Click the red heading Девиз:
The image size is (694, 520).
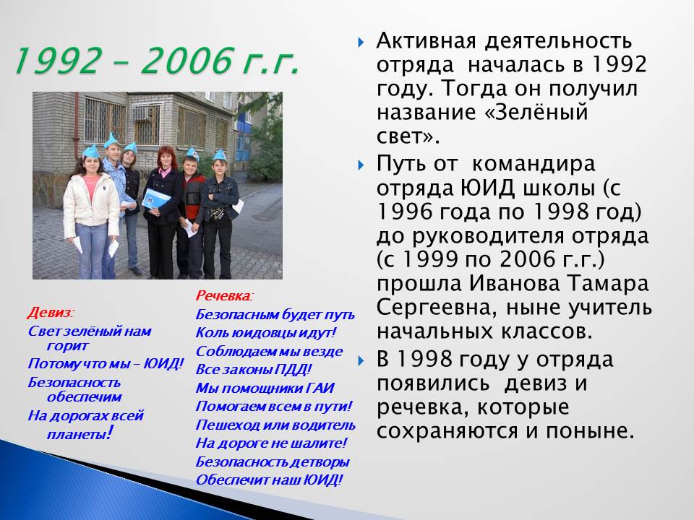pyautogui.click(x=51, y=313)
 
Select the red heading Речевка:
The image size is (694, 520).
pyautogui.click(x=224, y=295)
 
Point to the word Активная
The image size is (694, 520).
pyautogui.click(x=427, y=40)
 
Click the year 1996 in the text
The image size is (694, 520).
pyautogui.click(x=404, y=212)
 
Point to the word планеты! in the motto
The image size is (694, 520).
pyautogui.click(x=80, y=433)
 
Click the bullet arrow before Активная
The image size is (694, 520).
pyautogui.click(x=361, y=43)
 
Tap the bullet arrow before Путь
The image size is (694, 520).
pyautogui.click(x=361, y=165)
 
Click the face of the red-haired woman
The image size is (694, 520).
pyautogui.click(x=166, y=160)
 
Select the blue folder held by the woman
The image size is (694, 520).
pyautogui.click(x=156, y=199)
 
